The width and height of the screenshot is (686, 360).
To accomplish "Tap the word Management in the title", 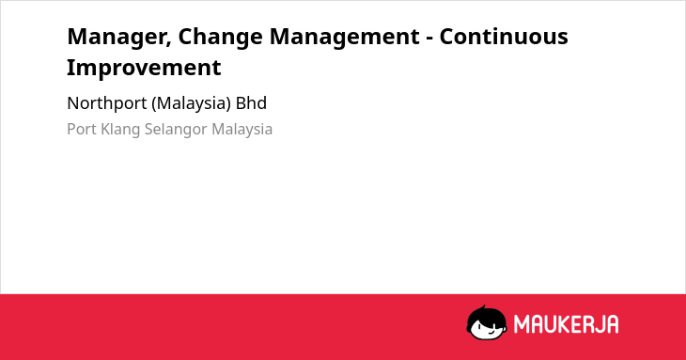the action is [x=344, y=38].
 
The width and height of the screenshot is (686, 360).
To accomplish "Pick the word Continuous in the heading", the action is [x=504, y=36].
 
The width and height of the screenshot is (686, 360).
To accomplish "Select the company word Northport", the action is [x=107, y=103].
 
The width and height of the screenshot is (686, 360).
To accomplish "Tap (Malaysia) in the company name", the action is [x=191, y=103].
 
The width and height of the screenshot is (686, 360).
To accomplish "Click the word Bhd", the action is [x=251, y=103].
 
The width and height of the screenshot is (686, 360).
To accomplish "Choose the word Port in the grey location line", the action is [x=82, y=130].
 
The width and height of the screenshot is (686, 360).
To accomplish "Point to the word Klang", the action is [x=120, y=130].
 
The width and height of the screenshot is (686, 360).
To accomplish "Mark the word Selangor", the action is [x=176, y=130].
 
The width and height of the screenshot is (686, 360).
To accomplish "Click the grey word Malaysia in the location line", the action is [x=242, y=130].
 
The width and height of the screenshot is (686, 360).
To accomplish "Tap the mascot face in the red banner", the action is [x=487, y=322].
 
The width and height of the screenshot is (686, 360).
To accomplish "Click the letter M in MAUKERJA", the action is [x=522, y=324].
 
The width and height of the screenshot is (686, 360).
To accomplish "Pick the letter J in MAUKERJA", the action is [x=597, y=324].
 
